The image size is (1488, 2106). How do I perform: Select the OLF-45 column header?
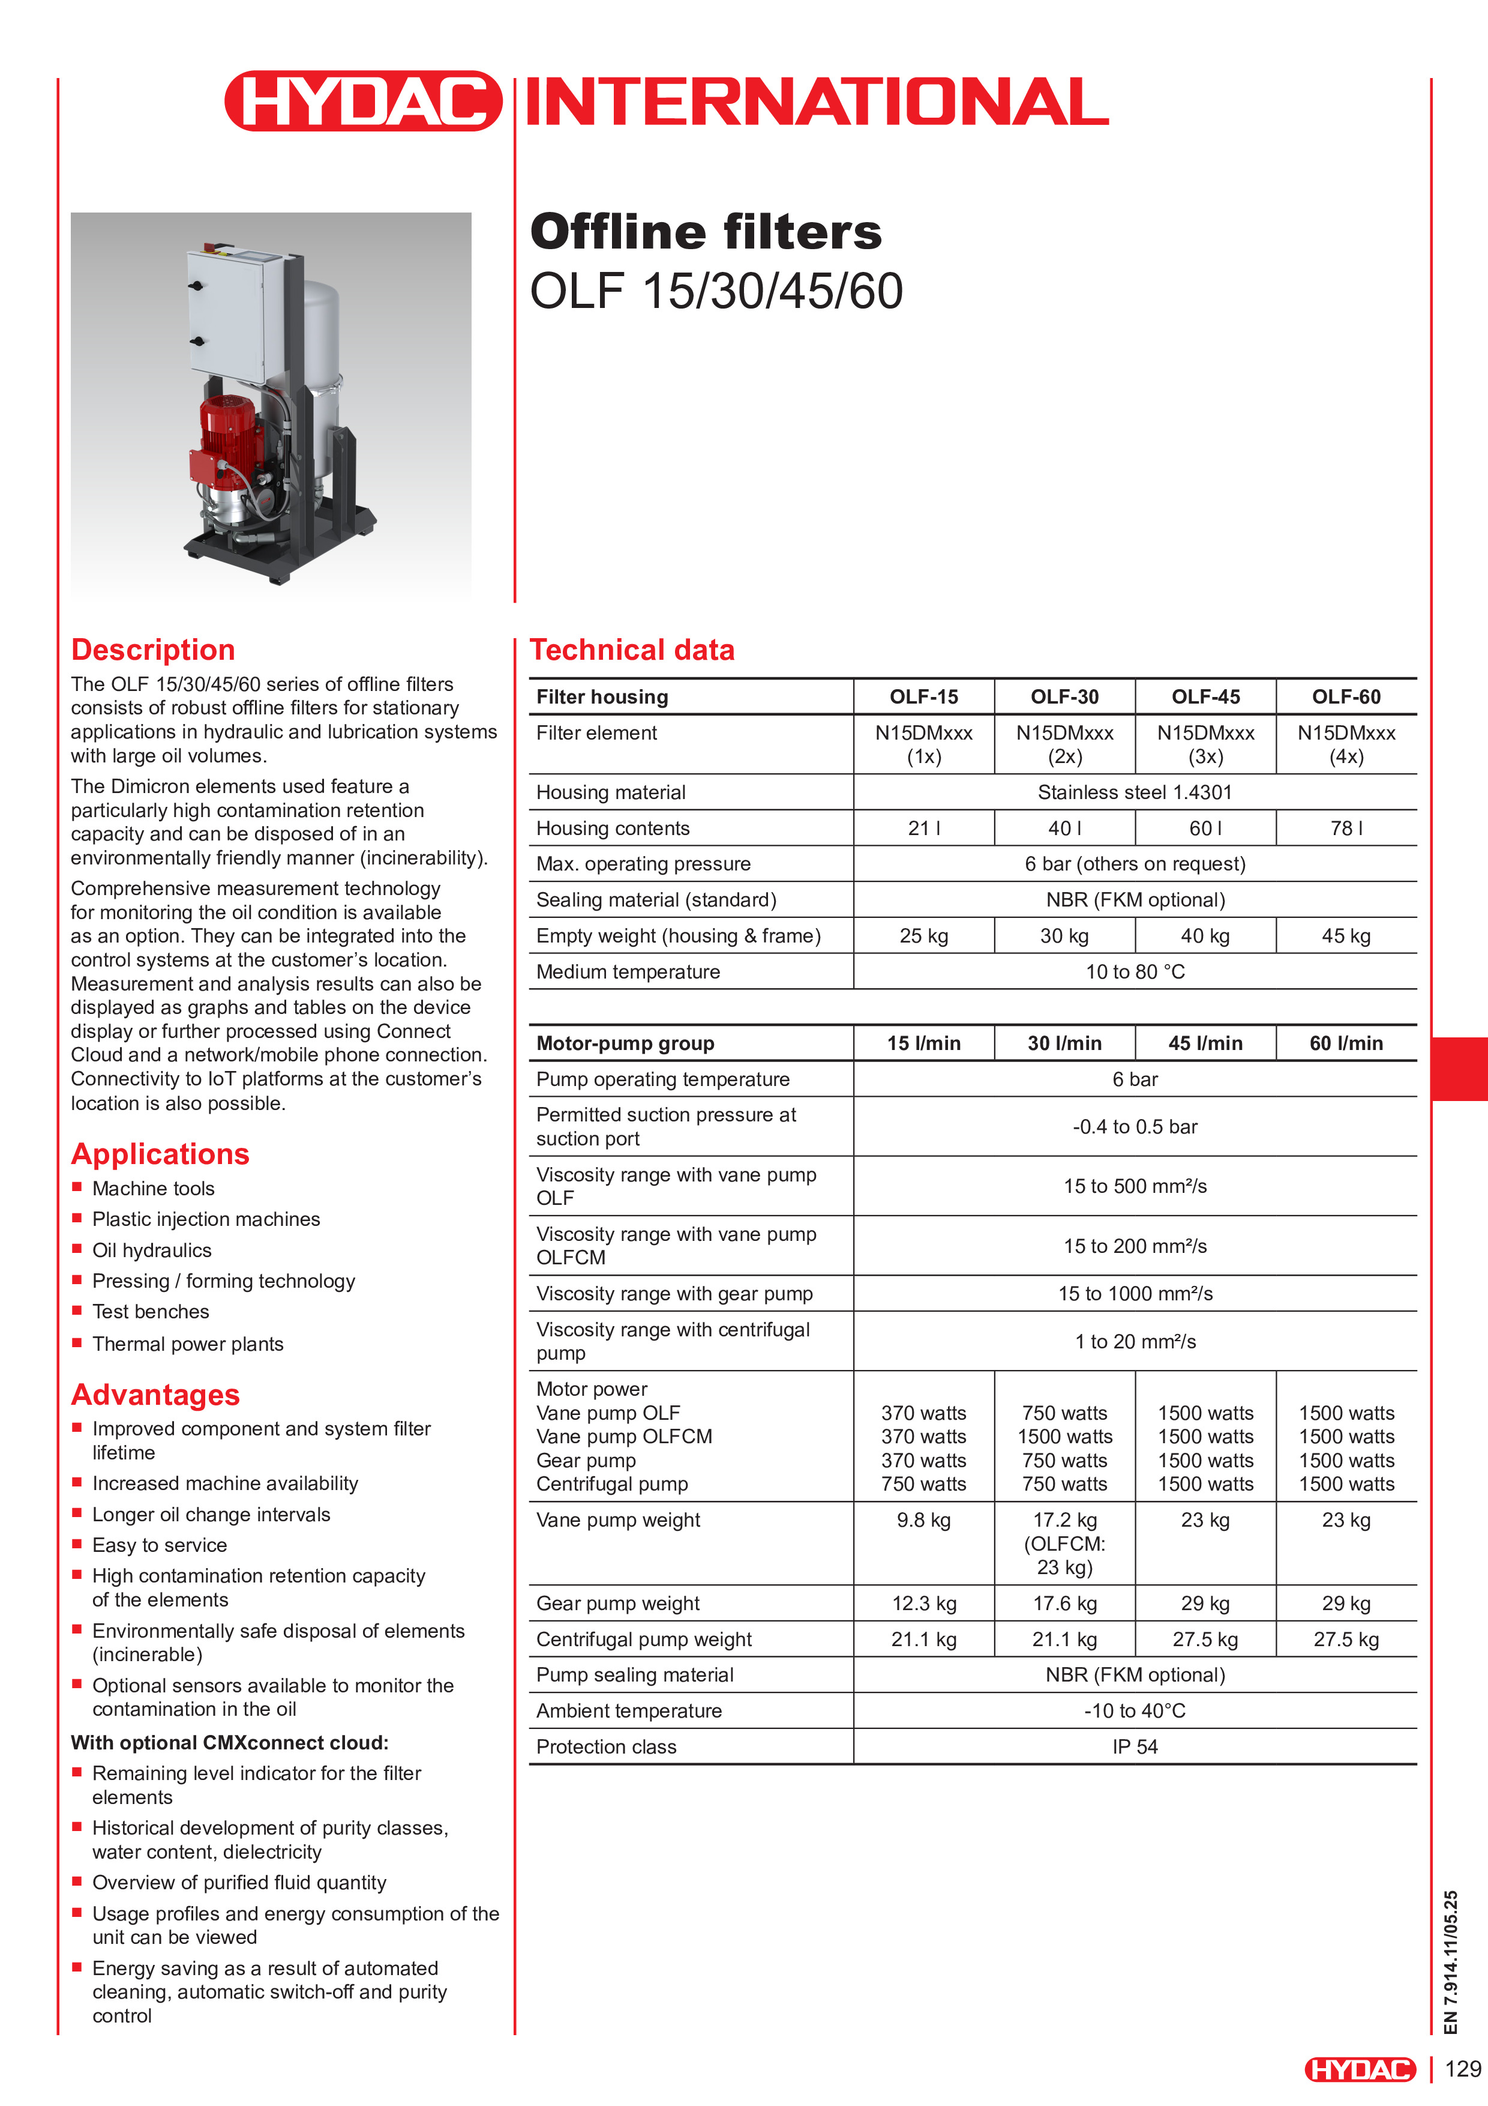point(1205,696)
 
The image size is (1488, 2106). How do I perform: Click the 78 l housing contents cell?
point(1345,828)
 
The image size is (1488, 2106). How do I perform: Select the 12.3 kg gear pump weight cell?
point(923,1604)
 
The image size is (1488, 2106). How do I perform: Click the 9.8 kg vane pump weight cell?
point(923,1520)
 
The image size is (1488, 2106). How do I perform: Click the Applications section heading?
point(160,1154)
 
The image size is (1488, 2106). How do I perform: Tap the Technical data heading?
point(632,650)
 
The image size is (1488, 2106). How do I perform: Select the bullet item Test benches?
point(151,1312)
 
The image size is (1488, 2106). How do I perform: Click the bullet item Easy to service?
point(160,1545)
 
